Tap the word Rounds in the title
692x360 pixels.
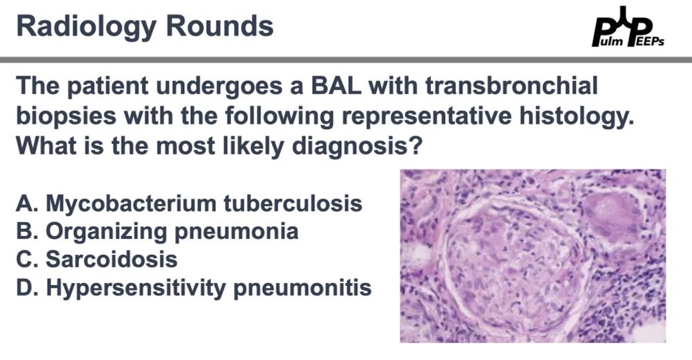[220, 26]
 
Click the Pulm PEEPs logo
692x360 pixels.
[628, 27]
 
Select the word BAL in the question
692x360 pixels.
[336, 85]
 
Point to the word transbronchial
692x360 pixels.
[511, 85]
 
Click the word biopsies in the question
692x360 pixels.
[66, 116]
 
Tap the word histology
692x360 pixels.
[576, 116]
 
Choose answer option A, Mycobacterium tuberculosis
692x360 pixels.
[190, 204]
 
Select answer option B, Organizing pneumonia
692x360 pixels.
[158, 232]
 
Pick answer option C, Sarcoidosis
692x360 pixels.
[97, 260]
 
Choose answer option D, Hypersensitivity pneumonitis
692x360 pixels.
[194, 288]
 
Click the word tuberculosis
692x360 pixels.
[293, 204]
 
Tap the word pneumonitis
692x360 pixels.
[302, 288]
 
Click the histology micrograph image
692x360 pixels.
[533, 255]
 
